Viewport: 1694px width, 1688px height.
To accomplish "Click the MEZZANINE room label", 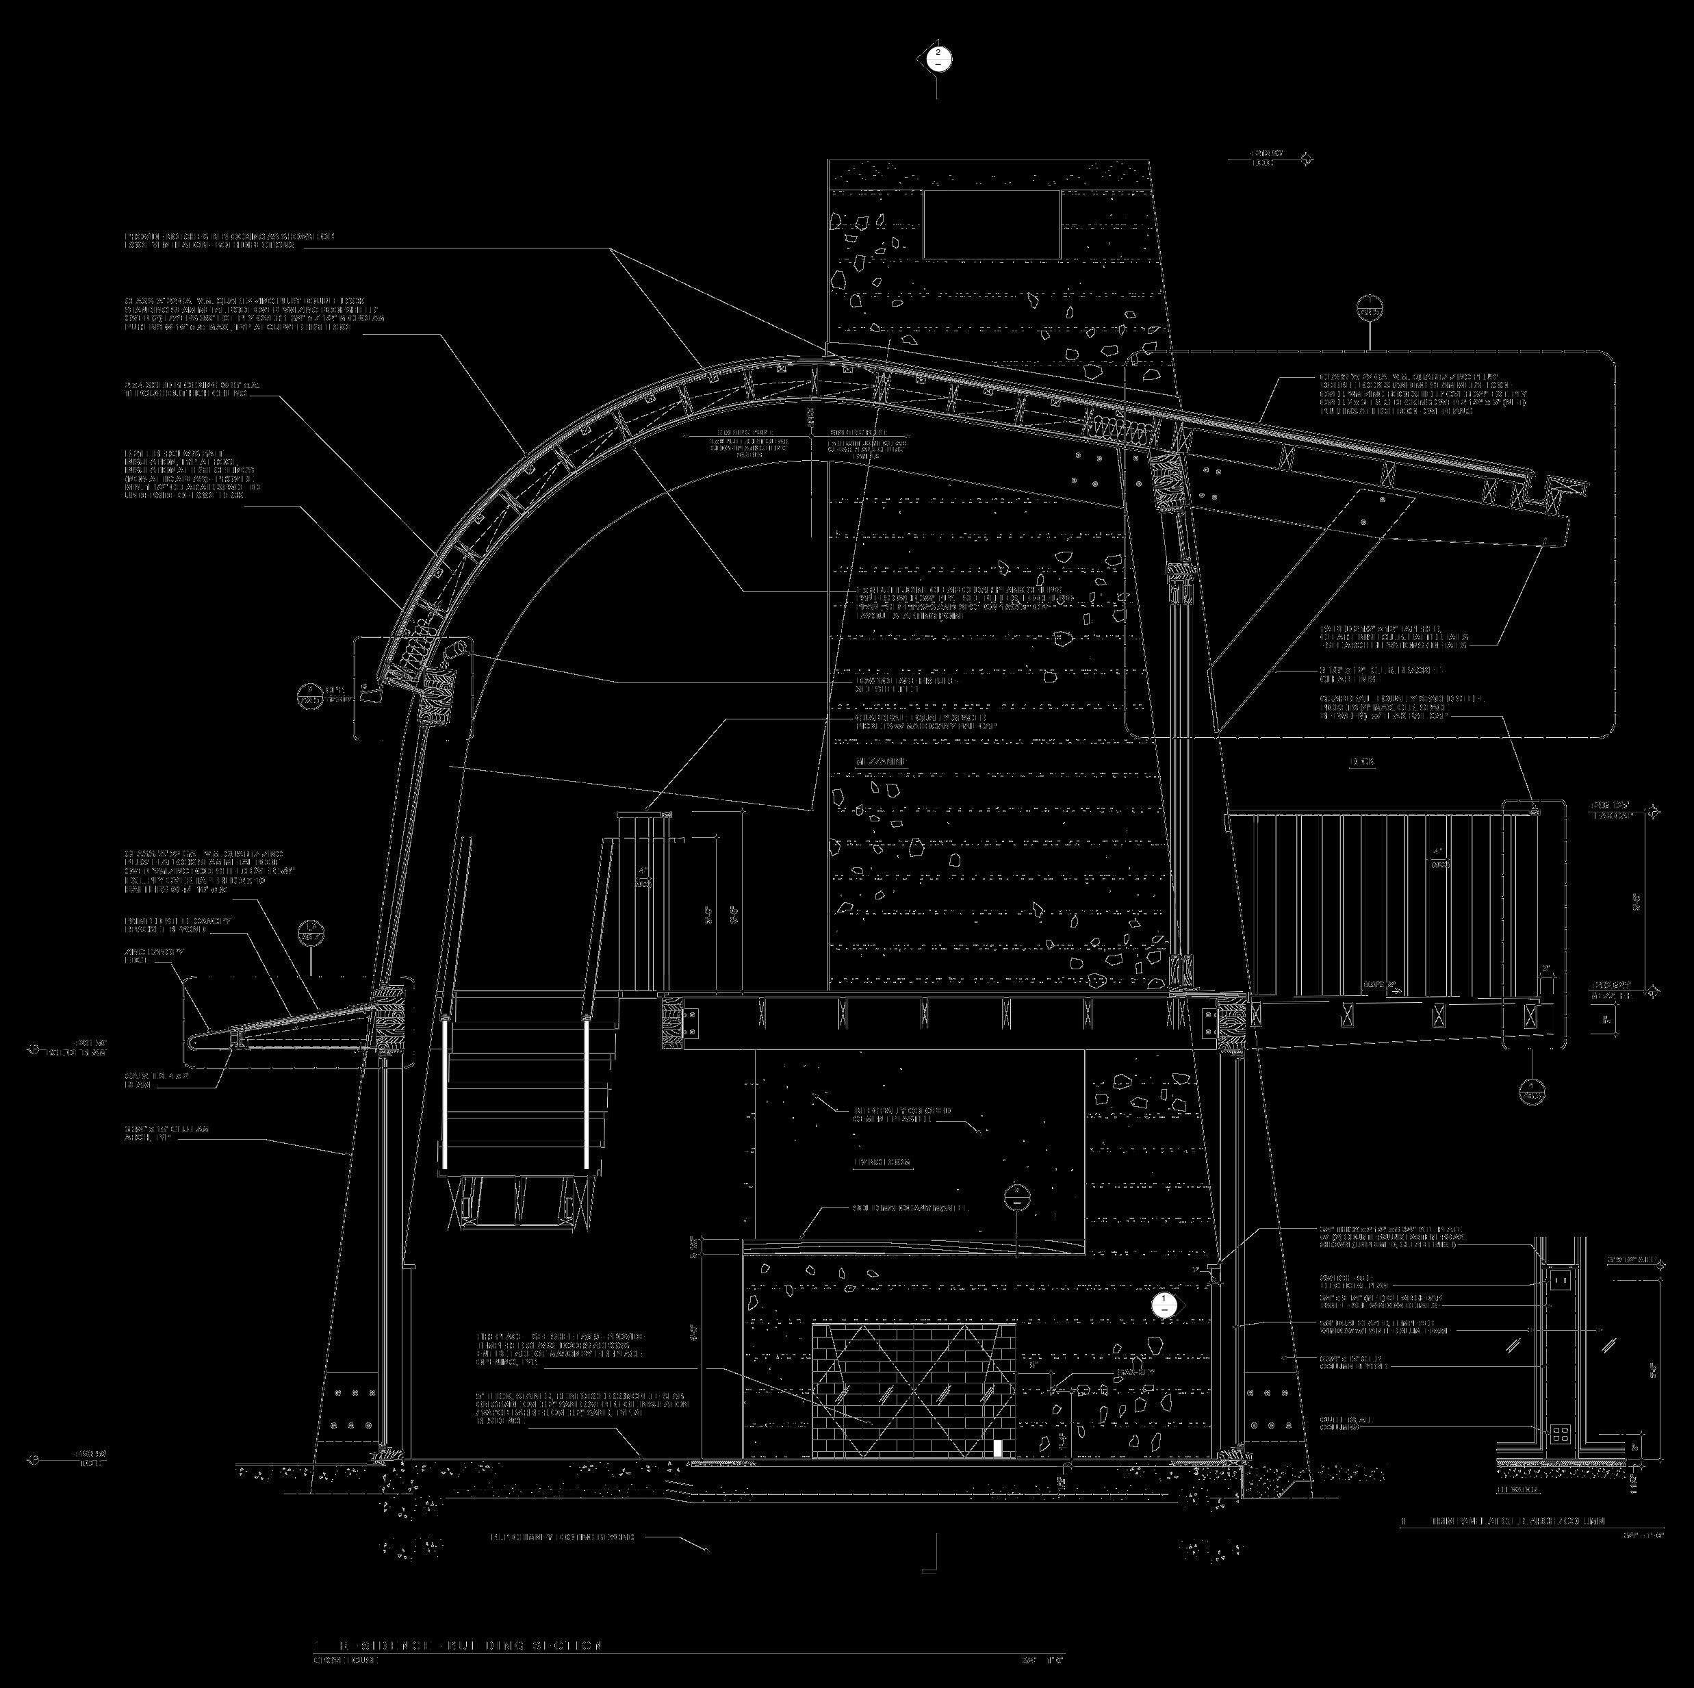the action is coord(880,762).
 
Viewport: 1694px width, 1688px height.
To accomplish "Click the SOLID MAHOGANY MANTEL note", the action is coord(909,1208).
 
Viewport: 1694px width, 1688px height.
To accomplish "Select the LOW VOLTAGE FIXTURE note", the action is coord(906,685).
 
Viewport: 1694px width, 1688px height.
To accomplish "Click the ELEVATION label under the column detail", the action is coord(1517,1489).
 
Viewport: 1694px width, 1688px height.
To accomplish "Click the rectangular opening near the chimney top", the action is coord(991,225).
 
